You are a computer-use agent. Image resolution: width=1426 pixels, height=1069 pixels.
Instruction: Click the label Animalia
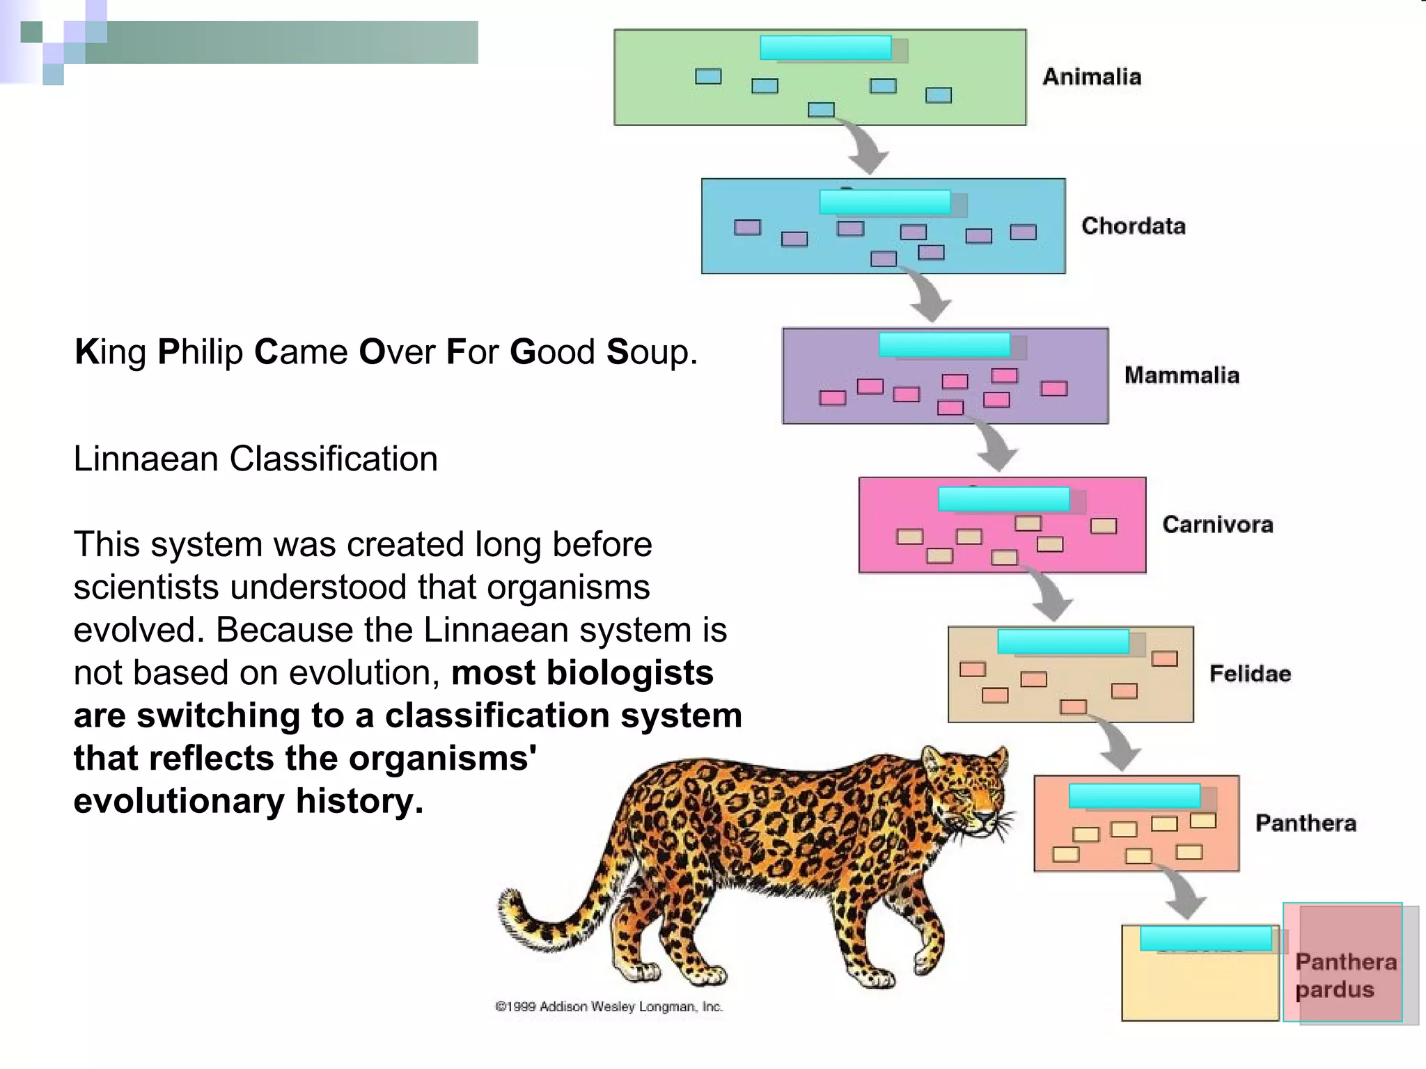tap(1092, 77)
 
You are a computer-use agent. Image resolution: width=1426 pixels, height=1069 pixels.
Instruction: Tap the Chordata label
tap(1133, 225)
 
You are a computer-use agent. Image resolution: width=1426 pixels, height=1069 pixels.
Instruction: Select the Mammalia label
tap(1182, 375)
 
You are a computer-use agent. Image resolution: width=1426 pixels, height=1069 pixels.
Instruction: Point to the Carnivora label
tap(1217, 524)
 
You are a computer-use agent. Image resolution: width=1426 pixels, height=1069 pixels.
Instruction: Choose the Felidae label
tap(1250, 674)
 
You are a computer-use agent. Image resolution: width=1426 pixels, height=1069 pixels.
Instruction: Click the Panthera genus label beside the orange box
tap(1306, 823)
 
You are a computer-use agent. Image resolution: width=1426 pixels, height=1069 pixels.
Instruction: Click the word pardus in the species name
tap(1334, 990)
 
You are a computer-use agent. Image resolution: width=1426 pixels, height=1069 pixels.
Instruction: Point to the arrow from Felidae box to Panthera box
tap(1118, 745)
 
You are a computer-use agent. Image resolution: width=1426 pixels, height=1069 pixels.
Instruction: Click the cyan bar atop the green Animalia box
tap(826, 48)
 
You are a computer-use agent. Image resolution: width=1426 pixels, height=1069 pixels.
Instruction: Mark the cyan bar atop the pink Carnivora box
tap(1003, 499)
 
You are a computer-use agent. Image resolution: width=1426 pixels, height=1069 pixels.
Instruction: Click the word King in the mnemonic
tap(110, 352)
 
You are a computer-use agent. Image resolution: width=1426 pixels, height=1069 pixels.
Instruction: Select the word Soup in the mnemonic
tap(650, 352)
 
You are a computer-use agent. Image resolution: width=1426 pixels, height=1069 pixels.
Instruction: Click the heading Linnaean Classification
tap(256, 459)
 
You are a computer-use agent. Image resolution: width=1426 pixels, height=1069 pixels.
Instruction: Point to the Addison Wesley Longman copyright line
tap(609, 1006)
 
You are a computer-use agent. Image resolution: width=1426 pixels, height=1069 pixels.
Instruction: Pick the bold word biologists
tap(629, 673)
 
